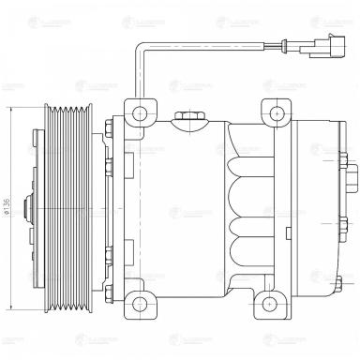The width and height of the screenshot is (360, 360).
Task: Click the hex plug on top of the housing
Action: (x=188, y=116)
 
